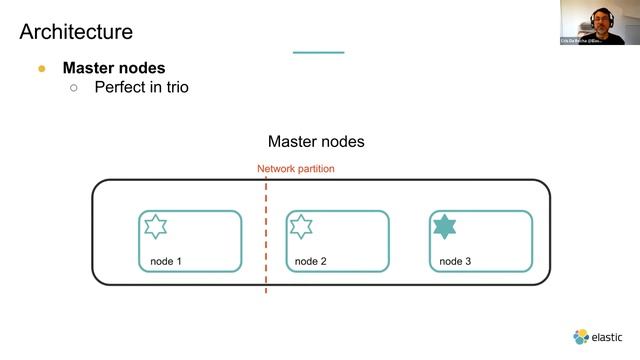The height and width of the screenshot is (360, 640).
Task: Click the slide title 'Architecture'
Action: point(76,32)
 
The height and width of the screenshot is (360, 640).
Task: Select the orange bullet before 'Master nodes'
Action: point(42,69)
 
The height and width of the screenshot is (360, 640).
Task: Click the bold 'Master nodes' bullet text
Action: point(113,68)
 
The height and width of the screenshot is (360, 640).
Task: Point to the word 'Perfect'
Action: point(121,88)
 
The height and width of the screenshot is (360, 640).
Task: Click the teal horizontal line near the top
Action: point(318,52)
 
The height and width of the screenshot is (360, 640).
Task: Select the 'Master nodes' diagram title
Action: point(316,142)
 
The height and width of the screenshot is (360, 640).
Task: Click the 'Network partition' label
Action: point(296,169)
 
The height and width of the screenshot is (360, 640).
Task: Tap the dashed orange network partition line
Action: point(266,240)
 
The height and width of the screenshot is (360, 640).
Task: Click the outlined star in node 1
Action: point(155,227)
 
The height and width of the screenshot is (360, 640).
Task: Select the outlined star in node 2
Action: point(301,227)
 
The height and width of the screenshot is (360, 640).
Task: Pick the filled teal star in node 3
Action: point(444,227)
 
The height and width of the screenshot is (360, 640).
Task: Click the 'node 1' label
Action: point(166,262)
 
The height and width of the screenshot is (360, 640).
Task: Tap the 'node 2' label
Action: point(311,262)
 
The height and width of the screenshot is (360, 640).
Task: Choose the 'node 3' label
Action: point(456,262)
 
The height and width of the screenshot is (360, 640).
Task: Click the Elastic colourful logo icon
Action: point(581,337)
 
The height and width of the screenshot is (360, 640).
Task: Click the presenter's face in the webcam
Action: point(598,18)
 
